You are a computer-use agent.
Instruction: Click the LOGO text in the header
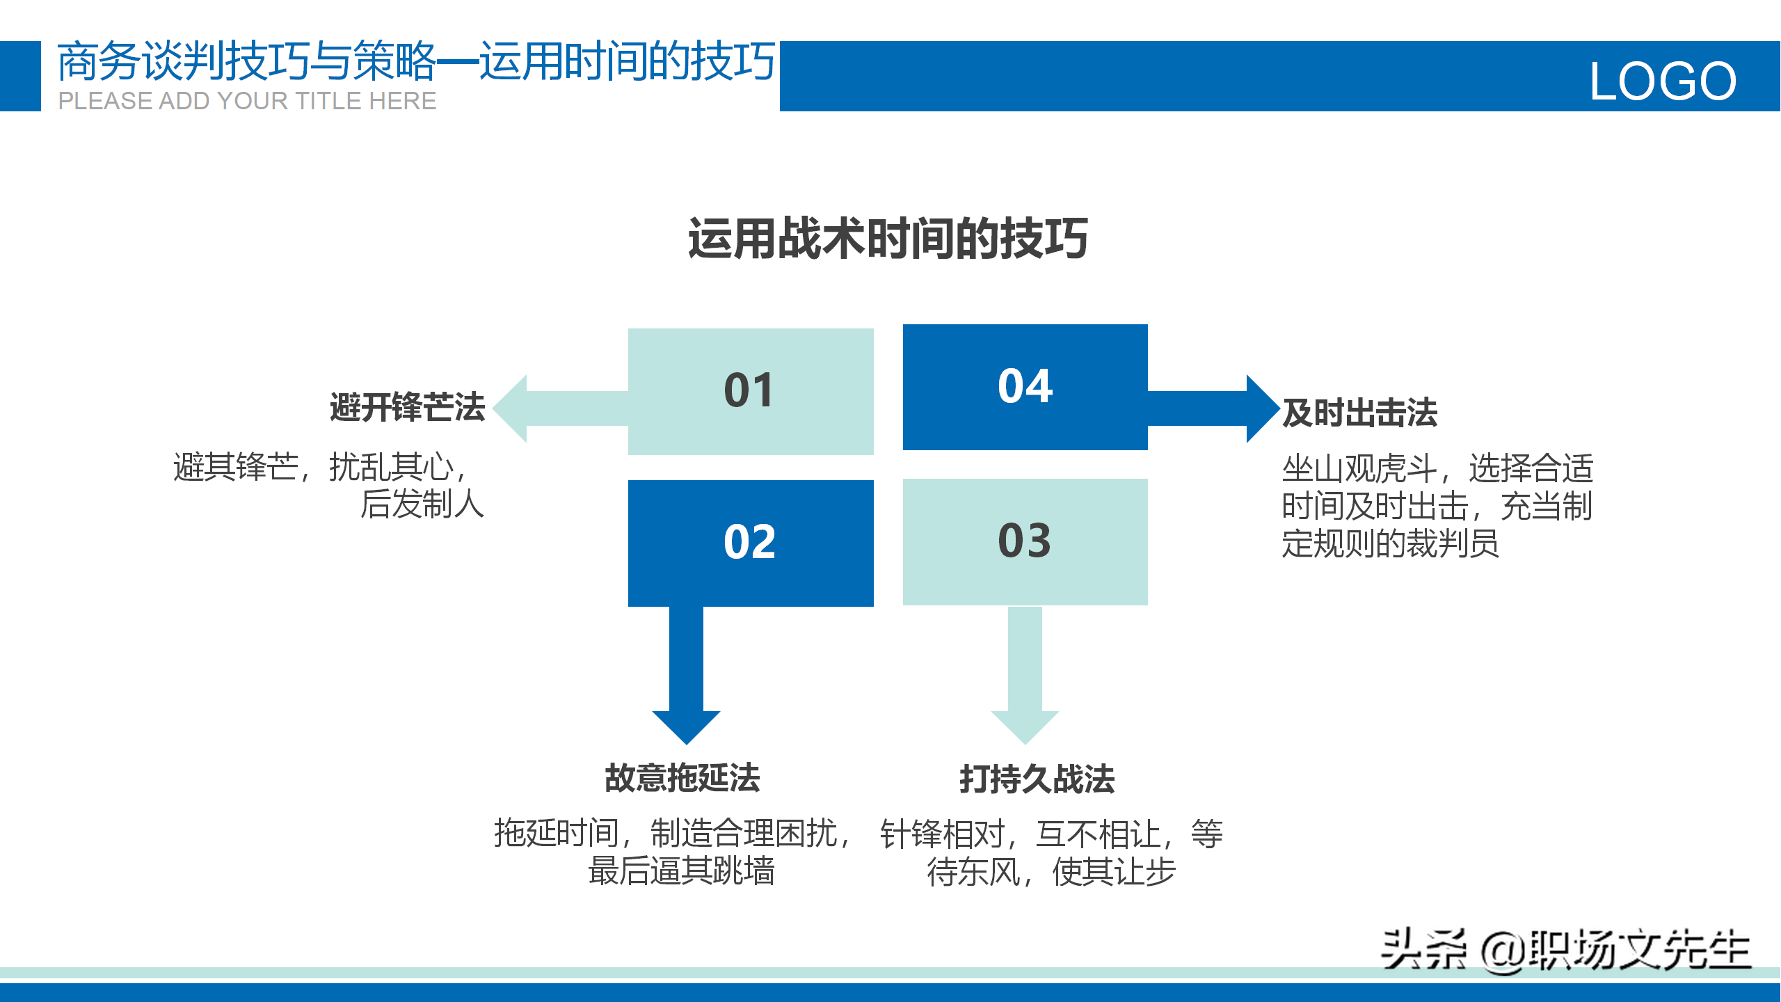[1663, 81]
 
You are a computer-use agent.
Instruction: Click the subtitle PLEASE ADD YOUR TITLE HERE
[247, 101]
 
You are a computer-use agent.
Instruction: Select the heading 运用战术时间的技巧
[888, 239]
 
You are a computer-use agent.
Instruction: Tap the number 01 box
[750, 391]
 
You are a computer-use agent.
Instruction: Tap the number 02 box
[750, 543]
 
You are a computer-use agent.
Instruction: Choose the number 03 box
[1025, 541]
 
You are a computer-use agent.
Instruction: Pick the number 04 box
[1025, 387]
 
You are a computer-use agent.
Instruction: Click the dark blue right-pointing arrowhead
[1261, 408]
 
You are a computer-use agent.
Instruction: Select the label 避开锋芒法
[408, 407]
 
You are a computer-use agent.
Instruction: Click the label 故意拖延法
[682, 778]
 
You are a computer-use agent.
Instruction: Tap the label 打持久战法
[1037, 779]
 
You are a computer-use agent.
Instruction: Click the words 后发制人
[422, 504]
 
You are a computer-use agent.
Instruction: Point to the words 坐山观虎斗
[1359, 468]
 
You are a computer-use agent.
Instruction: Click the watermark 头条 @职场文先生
[1565, 950]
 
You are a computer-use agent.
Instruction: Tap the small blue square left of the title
[20, 76]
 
